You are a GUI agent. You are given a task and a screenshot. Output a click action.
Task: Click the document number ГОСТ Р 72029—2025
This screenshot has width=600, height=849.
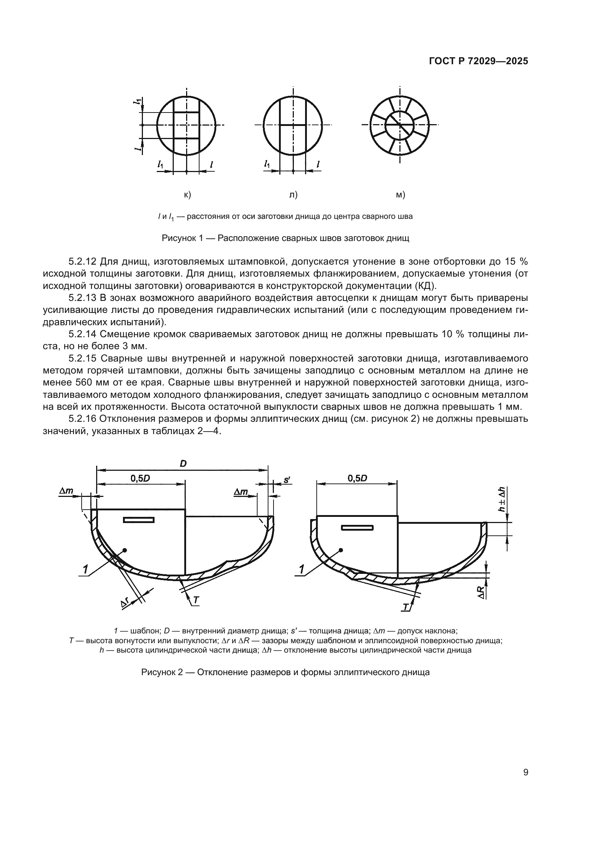(478, 61)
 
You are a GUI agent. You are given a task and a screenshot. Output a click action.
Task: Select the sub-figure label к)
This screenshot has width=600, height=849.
(187, 195)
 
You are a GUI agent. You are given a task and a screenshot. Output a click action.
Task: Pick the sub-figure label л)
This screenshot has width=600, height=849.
(293, 195)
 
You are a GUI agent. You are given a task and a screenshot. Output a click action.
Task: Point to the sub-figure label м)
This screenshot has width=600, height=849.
(400, 195)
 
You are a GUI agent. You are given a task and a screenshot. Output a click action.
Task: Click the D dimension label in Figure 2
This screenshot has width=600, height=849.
(183, 464)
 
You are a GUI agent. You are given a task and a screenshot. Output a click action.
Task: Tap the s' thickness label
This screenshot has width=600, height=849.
(287, 480)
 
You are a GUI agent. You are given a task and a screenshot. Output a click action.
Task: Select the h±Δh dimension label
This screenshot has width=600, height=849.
(502, 499)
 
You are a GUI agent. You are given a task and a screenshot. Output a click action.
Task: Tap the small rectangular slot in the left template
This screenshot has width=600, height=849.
(139, 520)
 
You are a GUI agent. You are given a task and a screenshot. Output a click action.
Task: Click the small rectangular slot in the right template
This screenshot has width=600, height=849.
(357, 527)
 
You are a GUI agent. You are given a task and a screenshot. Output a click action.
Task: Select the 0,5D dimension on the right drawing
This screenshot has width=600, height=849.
(357, 478)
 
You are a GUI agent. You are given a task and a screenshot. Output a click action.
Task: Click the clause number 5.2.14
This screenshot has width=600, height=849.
(82, 334)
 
